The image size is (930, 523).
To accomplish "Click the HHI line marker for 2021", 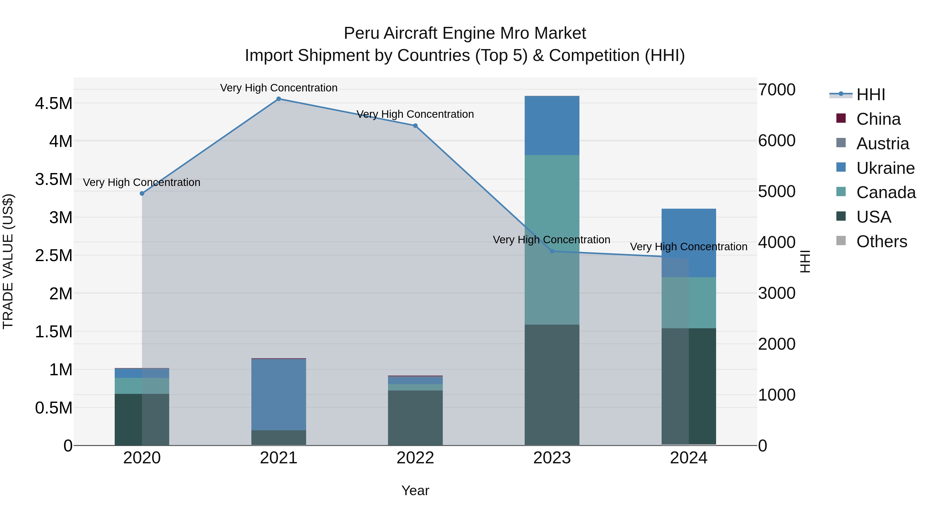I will pos(278,99).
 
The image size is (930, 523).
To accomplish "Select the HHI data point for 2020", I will pos(142,193).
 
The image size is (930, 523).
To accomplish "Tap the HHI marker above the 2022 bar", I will pos(415,126).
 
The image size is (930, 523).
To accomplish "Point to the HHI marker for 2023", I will pos(552,251).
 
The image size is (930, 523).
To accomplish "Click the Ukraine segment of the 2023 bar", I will pos(552,125).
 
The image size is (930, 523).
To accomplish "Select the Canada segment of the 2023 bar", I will pos(552,217).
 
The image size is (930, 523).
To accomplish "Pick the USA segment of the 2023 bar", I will pos(552,384).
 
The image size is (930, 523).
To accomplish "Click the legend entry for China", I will pos(878,119).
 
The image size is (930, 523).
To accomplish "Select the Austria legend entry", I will pos(882,144).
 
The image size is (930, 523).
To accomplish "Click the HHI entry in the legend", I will pos(870,95).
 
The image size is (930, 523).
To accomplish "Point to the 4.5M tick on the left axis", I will pos(53,104).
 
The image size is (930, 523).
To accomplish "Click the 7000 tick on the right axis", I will pos(777,90).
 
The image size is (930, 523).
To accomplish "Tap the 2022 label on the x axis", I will pos(415,458).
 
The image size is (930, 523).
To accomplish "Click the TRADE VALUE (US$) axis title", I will pos(8,261).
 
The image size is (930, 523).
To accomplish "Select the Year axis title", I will pos(415,490).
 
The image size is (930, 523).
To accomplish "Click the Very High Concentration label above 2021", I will pos(278,88).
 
